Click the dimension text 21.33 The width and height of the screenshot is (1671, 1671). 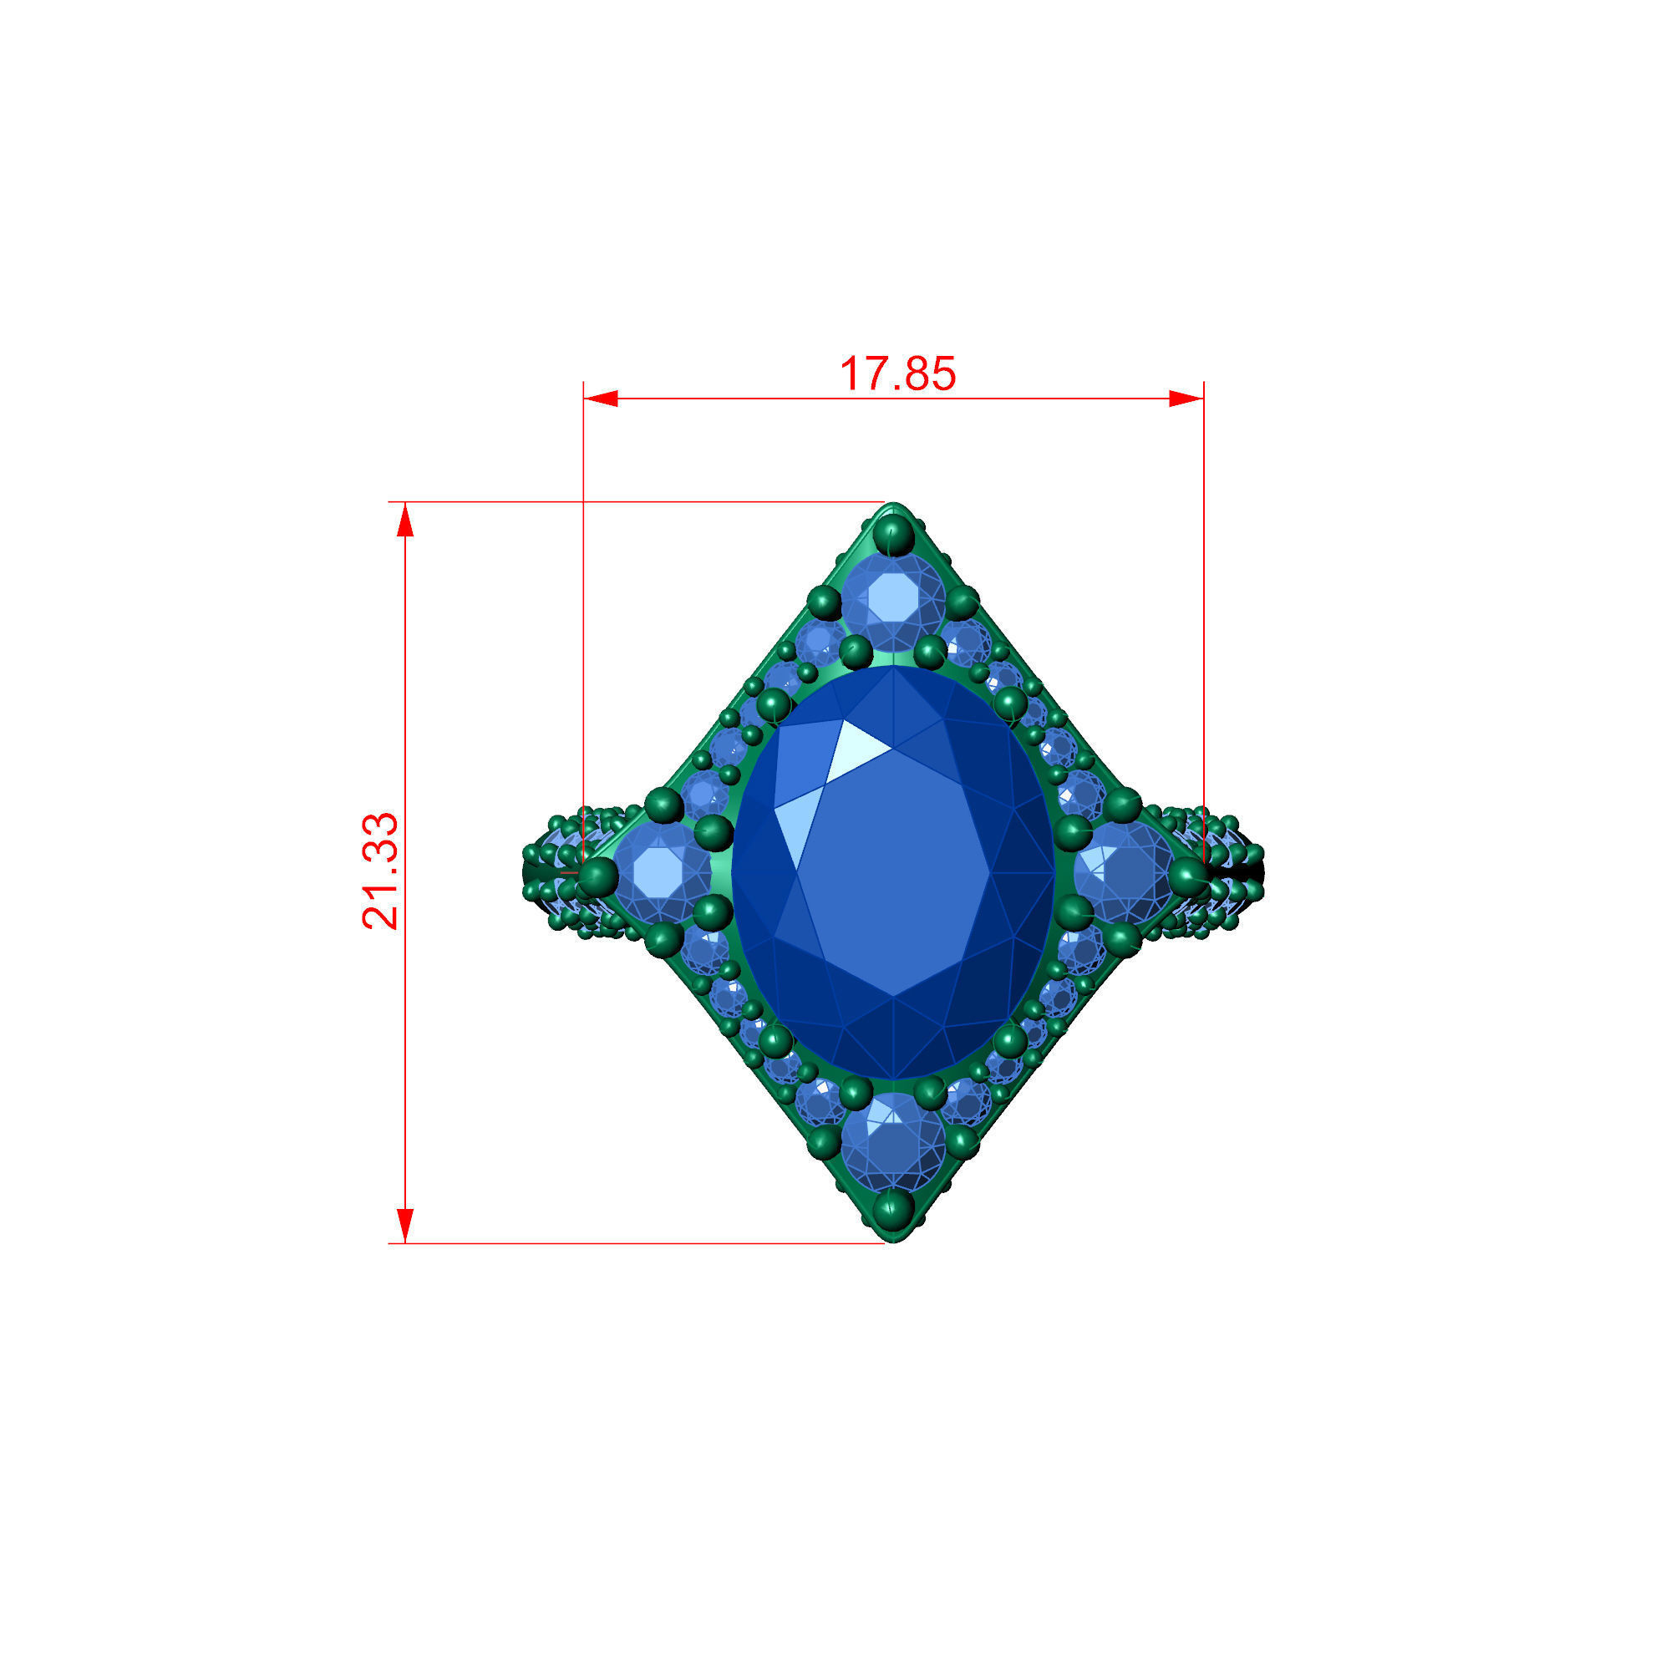380,871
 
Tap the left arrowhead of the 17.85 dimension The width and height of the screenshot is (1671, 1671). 601,399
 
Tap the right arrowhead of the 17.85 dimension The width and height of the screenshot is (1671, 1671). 1186,399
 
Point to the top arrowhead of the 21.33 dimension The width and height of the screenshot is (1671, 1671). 404,520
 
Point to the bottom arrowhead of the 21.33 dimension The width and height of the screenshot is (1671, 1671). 404,1225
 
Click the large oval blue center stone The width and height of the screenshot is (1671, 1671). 893,874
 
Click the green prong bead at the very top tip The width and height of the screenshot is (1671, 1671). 892,534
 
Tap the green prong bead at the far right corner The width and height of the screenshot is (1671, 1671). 1189,876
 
